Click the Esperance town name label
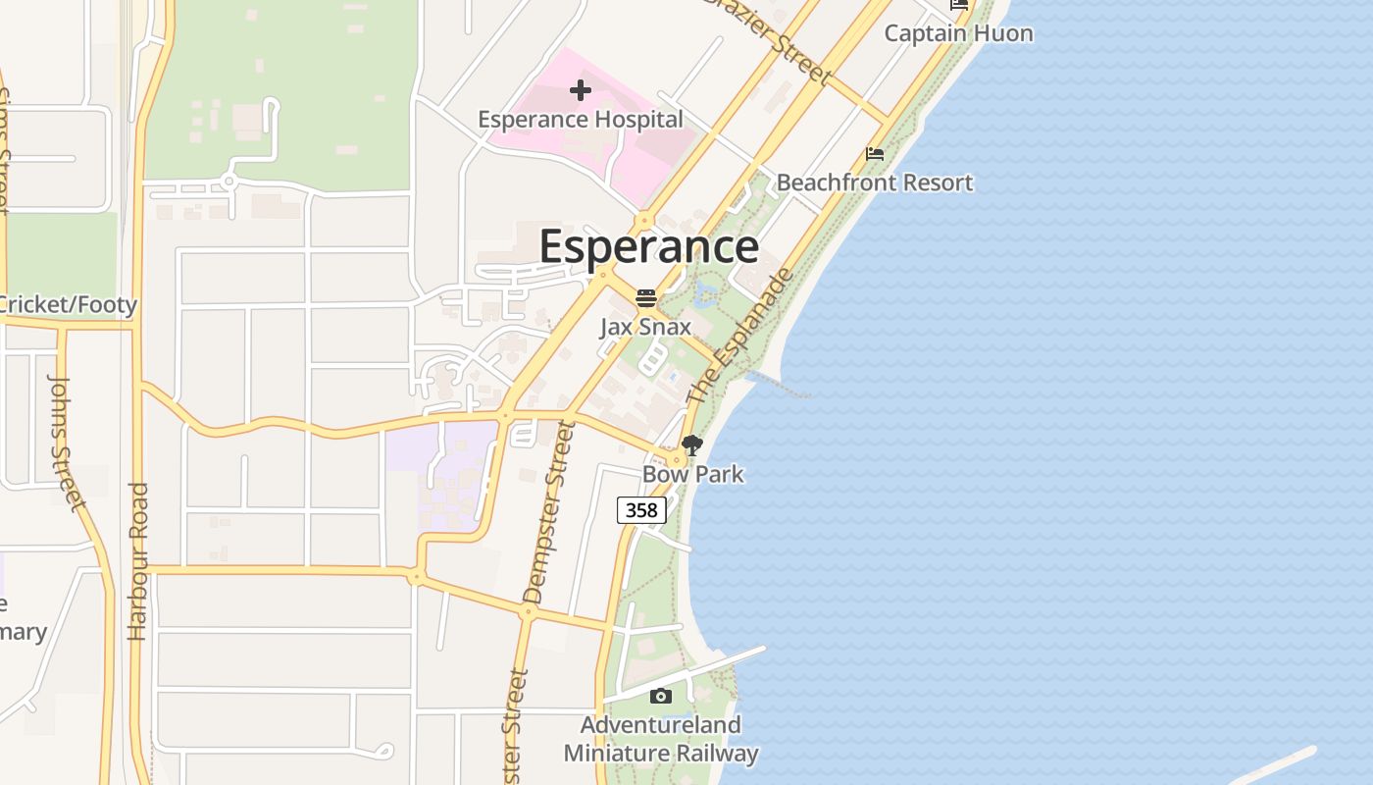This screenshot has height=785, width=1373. (x=648, y=246)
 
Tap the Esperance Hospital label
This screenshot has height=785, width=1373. (x=581, y=120)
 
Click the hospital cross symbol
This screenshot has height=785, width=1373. (x=581, y=91)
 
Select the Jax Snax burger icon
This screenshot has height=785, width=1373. (x=645, y=297)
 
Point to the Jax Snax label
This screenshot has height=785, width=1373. (x=645, y=327)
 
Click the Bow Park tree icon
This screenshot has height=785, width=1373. (x=692, y=445)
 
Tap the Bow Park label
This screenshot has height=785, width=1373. (x=692, y=475)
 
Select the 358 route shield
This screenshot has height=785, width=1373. (x=641, y=510)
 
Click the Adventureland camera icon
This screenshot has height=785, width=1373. (x=661, y=697)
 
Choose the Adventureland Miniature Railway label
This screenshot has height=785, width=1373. (x=661, y=740)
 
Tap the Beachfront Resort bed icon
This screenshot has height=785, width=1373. (x=875, y=154)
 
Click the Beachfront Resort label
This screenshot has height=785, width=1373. (x=875, y=183)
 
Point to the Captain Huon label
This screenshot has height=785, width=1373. (x=958, y=33)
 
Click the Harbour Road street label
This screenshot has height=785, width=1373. (x=138, y=561)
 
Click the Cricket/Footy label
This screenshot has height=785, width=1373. (x=67, y=305)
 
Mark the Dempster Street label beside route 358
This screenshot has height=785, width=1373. (x=546, y=512)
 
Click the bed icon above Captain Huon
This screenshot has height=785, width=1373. (x=959, y=5)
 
